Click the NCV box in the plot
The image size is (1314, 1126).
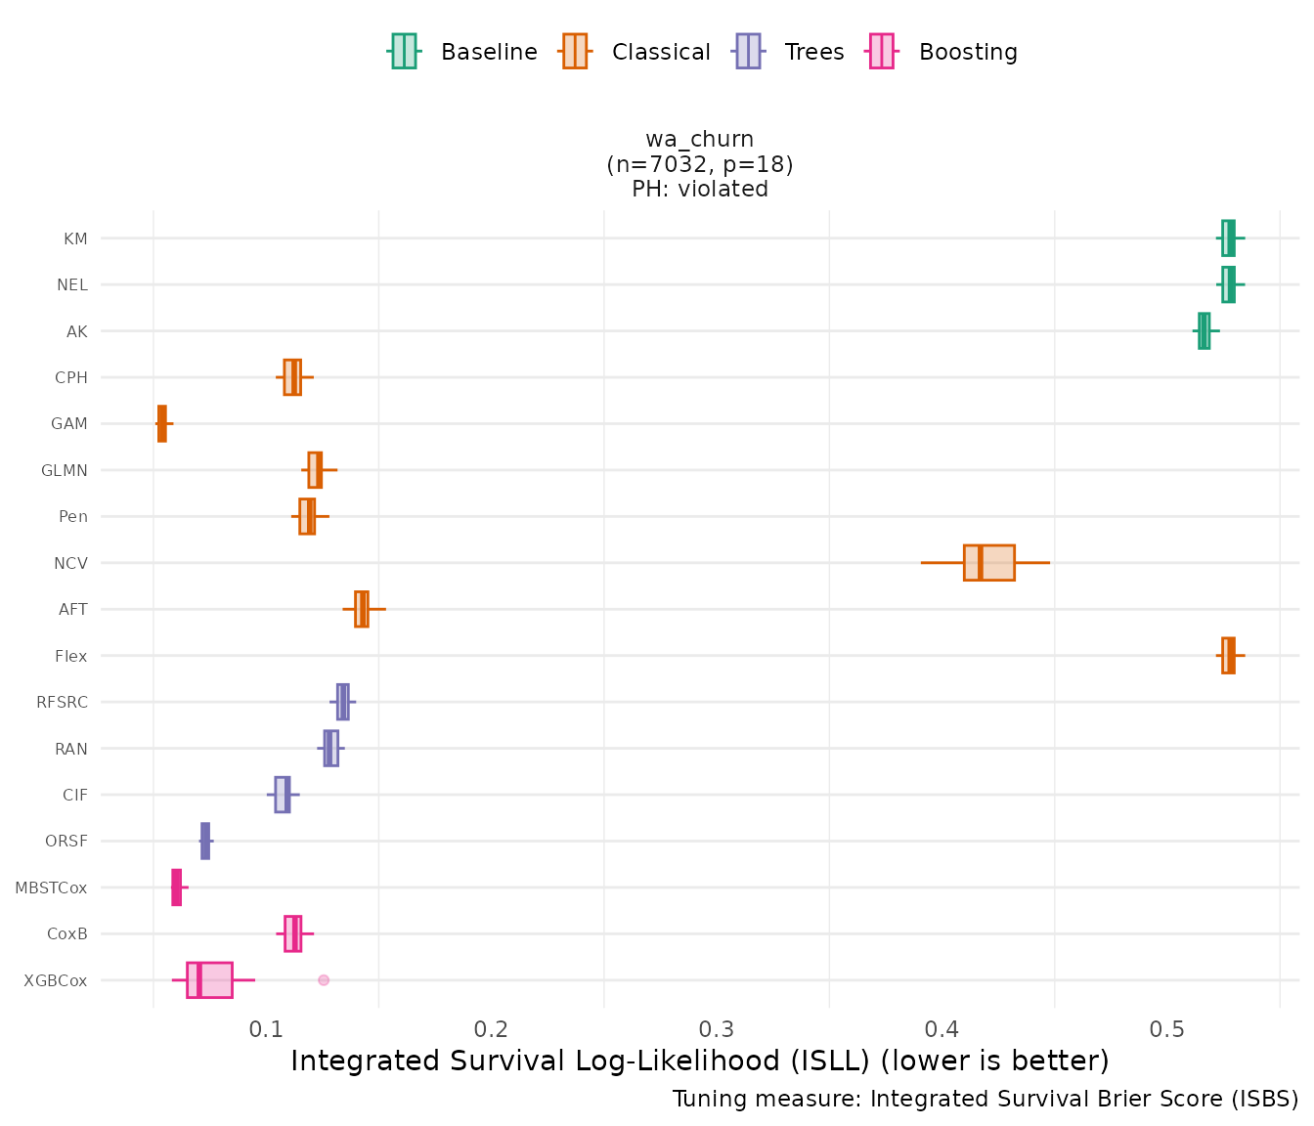988,563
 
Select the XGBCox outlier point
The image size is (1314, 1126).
324,979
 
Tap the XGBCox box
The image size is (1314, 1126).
209,979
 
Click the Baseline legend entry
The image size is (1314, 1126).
463,52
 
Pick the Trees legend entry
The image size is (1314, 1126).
790,52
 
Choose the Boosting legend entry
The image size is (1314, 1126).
943,52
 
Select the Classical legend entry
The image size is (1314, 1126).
636,52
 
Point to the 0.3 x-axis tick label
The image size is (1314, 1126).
717,1029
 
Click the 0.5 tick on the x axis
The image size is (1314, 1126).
1167,1029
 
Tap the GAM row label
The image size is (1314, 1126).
69,424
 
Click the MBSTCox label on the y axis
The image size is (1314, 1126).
51,888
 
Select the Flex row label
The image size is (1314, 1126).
71,656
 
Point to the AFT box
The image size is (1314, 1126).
362,609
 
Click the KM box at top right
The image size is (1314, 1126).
1228,238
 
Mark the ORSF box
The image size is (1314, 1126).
205,841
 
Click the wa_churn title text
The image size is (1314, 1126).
699,140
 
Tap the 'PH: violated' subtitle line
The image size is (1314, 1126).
699,189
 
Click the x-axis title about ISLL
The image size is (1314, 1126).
699,1061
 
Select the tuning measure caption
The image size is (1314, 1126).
985,1099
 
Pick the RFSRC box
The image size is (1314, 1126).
342,702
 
